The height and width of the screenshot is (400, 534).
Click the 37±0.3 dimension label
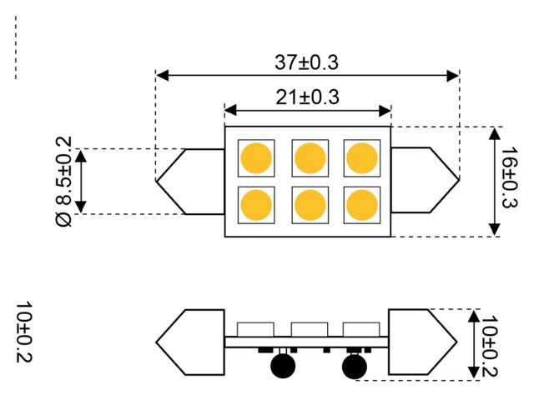(307, 62)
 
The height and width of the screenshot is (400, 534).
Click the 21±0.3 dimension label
(307, 97)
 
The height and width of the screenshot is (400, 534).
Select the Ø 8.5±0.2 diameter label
(64, 181)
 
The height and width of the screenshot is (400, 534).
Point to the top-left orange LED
(256, 157)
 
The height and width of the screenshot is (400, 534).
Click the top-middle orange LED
(309, 157)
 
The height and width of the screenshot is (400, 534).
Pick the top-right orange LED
(361, 157)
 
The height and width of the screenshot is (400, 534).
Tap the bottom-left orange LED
(256, 204)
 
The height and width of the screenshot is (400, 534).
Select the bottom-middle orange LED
(309, 204)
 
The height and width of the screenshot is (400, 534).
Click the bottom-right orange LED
(361, 204)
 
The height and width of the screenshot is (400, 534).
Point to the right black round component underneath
(354, 366)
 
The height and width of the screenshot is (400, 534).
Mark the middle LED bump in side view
(309, 328)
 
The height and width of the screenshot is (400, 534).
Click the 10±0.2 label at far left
(23, 332)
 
